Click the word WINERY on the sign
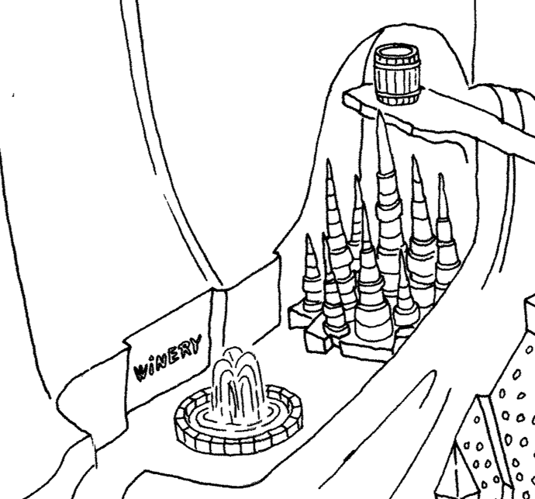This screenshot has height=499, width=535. (x=167, y=359)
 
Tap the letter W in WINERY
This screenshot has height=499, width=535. (x=141, y=373)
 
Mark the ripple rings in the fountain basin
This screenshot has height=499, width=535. (x=237, y=419)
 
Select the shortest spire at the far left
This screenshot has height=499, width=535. (x=311, y=273)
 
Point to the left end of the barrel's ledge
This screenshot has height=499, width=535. (x=343, y=96)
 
